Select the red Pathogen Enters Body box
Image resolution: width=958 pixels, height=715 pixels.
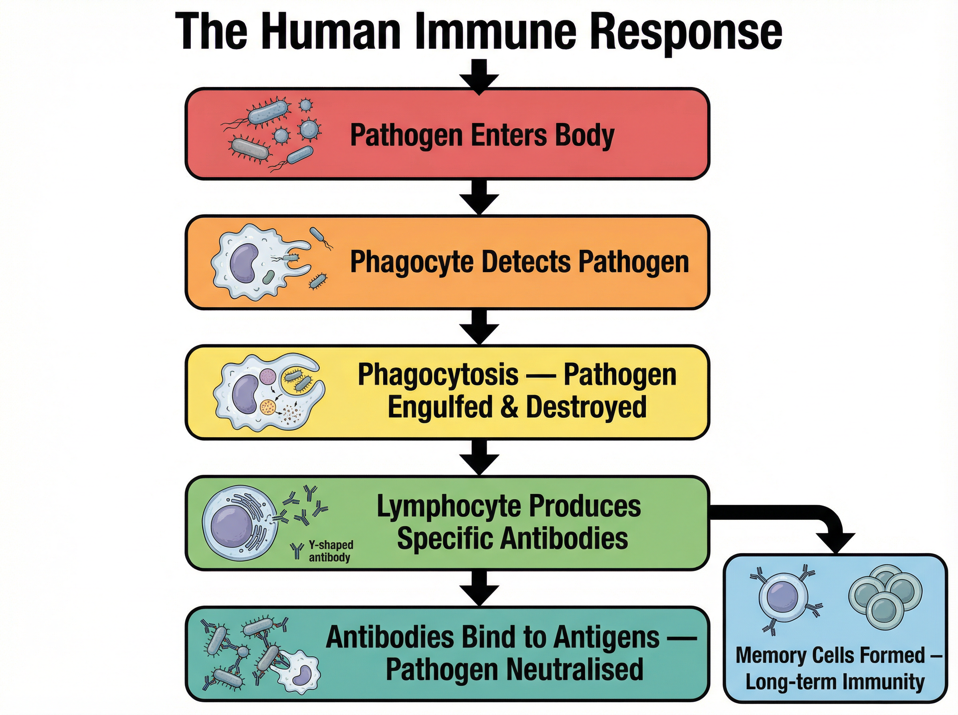[447, 134]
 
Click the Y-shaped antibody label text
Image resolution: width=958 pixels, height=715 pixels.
[330, 551]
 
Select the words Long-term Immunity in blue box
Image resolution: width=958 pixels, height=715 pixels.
[835, 683]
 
